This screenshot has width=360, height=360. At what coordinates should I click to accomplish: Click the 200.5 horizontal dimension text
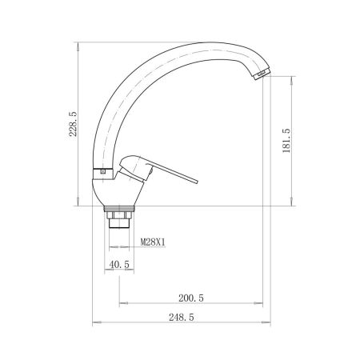coord(191,298)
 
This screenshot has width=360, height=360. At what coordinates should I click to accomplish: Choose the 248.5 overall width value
coord(181,318)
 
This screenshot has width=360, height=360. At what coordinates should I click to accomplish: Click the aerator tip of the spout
coord(260,74)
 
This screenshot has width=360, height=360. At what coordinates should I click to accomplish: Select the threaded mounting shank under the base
coord(118,220)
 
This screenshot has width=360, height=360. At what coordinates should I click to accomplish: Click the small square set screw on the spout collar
coord(102,171)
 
